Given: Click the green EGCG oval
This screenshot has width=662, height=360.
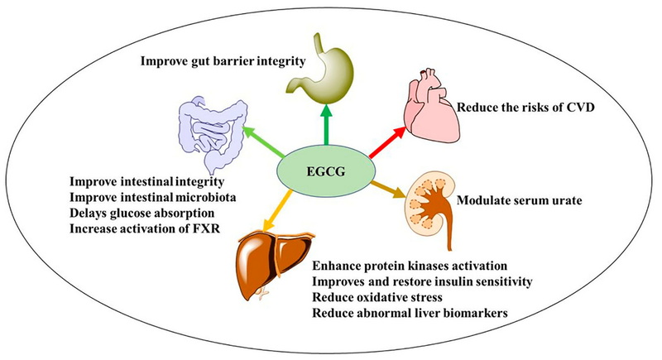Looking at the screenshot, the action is (x=325, y=172).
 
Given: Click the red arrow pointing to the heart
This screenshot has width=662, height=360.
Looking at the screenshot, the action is (x=387, y=142).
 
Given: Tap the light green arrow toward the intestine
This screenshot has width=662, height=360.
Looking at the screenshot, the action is (x=264, y=142).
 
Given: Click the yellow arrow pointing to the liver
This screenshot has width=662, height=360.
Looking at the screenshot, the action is (x=277, y=211).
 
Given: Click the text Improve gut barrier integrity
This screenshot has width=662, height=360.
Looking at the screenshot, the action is (x=223, y=61).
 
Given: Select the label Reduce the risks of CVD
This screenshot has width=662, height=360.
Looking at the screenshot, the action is (x=525, y=108).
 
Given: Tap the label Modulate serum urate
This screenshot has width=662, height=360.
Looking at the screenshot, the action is (x=520, y=199).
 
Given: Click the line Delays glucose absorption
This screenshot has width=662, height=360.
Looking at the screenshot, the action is (x=142, y=214).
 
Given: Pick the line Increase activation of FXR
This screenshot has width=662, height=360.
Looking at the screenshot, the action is (x=145, y=228).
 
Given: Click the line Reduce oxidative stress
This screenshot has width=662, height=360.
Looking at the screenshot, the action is (x=377, y=297).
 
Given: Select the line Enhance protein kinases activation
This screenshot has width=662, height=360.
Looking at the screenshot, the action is (x=410, y=266).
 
